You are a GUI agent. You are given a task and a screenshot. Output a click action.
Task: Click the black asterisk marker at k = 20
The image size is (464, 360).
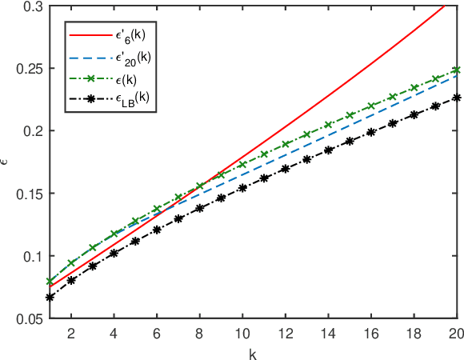(456, 98)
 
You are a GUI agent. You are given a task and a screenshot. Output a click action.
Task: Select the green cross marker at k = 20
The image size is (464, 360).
(456, 70)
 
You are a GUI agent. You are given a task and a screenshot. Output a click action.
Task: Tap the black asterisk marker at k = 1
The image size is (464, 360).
(50, 297)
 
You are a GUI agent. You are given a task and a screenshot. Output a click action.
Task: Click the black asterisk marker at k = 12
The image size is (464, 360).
(286, 169)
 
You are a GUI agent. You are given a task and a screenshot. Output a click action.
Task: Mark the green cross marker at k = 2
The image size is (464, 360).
(71, 262)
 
